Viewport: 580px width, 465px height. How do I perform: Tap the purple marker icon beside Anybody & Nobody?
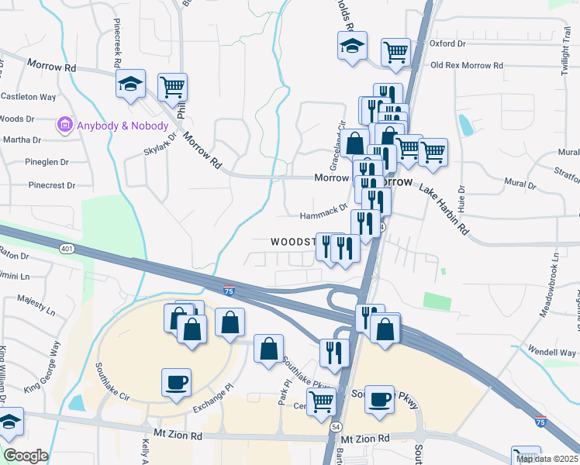point(64,125)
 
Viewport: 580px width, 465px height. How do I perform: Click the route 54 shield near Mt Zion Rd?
point(336,427)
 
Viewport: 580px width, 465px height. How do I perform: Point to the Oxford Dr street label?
point(447,44)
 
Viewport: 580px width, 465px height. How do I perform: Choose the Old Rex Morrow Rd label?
point(467,65)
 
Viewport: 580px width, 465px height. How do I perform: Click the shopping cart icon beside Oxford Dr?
point(396,53)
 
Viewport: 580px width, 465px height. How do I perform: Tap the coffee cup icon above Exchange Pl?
point(176,382)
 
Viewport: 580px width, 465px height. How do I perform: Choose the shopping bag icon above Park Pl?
point(268,349)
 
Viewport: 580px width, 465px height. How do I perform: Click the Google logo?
point(26,456)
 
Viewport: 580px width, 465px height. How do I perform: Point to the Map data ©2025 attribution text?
point(547,459)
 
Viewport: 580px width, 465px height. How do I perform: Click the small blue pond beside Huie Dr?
point(465,124)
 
